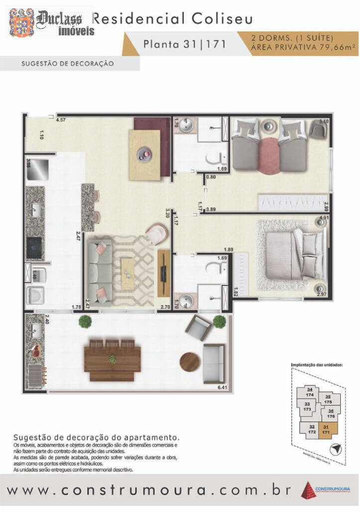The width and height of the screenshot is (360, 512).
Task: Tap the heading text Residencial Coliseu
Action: pyautogui.click(x=173, y=19)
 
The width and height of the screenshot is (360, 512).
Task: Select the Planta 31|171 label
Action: pyautogui.click(x=185, y=44)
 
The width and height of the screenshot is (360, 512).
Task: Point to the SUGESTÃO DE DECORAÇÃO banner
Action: pyautogui.click(x=68, y=64)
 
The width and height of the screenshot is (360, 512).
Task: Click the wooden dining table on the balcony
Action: pyautogui.click(x=113, y=358)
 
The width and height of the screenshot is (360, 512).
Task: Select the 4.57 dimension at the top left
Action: pyautogui.click(x=61, y=121)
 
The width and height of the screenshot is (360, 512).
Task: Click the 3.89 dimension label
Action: pyautogui.click(x=211, y=210)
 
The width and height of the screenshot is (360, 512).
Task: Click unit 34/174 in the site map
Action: pyautogui.click(x=310, y=392)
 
